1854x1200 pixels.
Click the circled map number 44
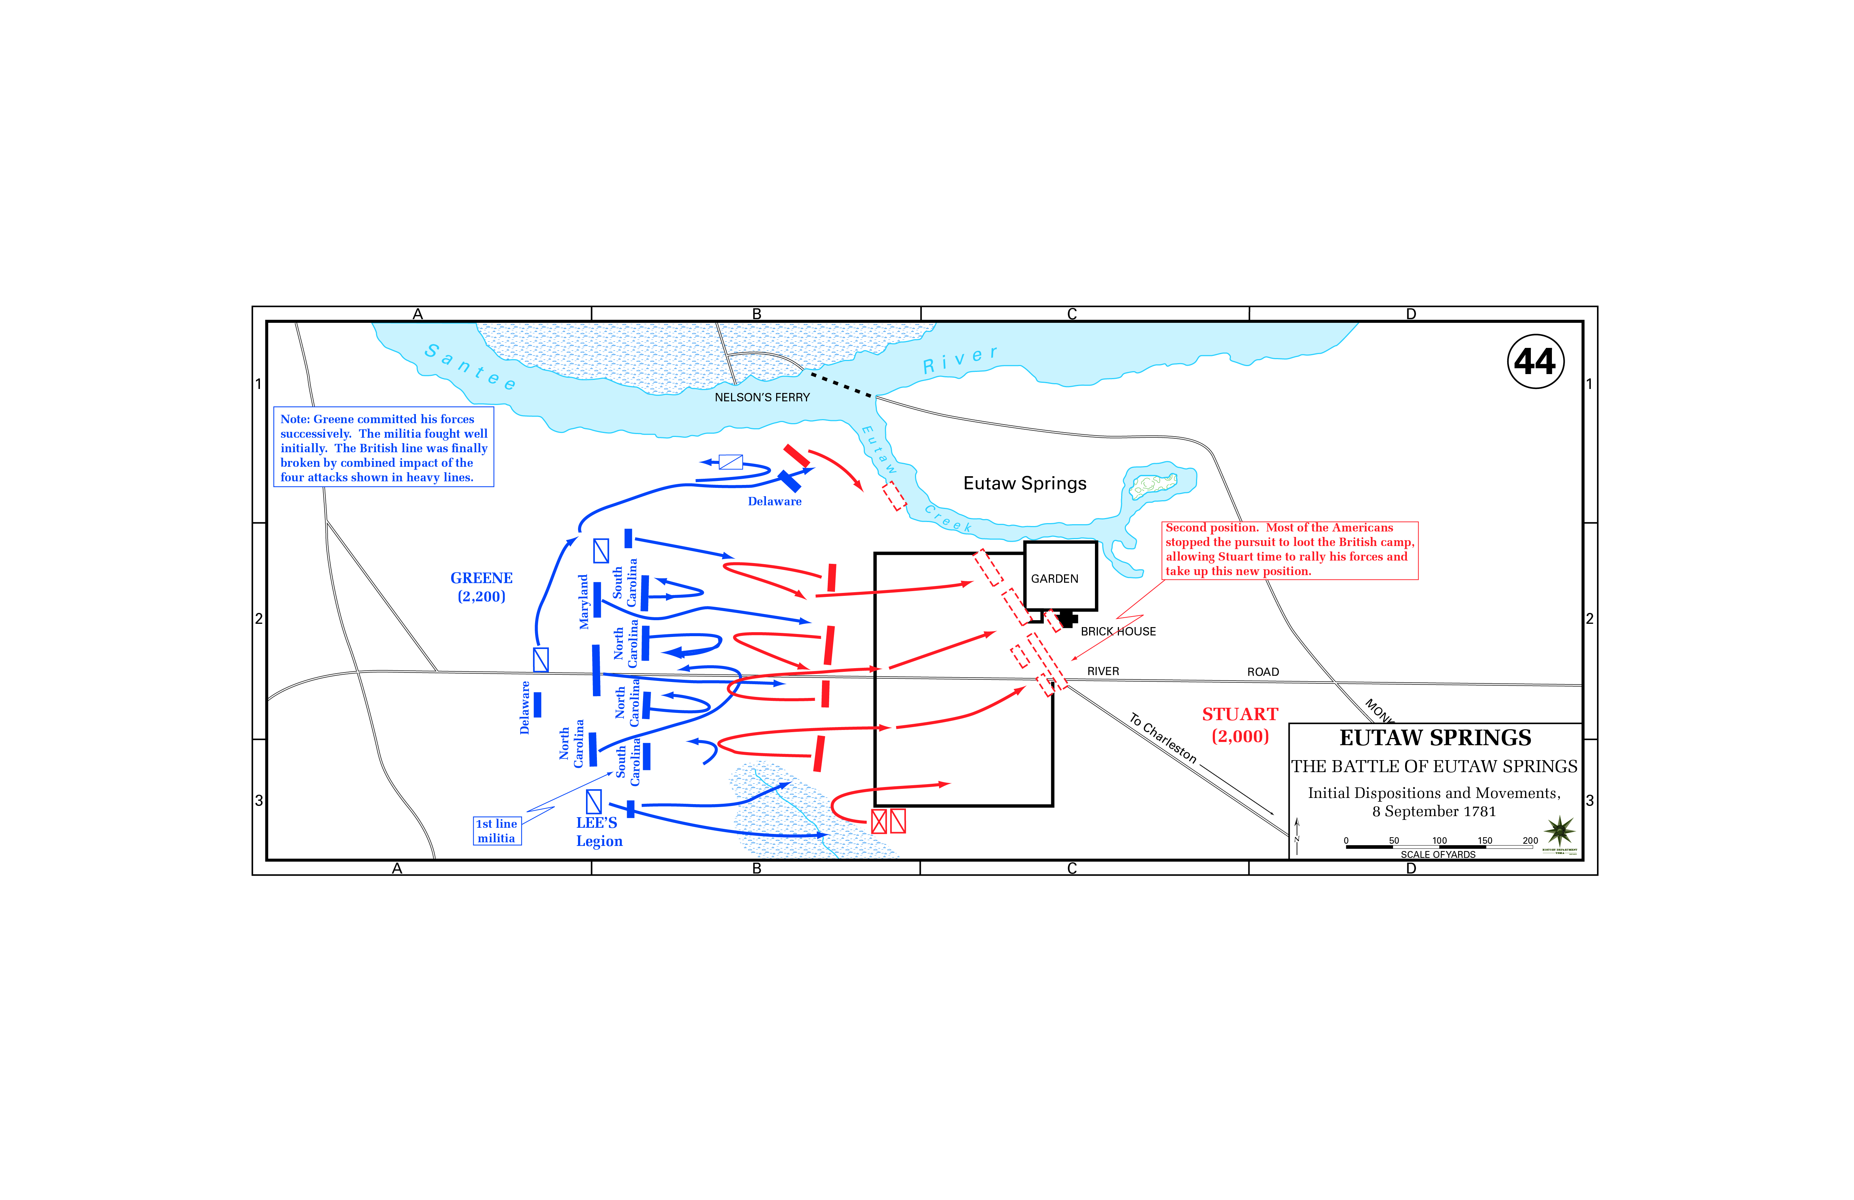1534,362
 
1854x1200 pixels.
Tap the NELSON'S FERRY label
762,397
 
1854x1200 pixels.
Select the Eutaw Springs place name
1024,483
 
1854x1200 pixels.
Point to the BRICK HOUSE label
1118,631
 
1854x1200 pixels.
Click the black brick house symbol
1067,619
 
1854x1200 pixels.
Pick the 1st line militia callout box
497,831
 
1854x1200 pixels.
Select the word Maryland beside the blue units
583,602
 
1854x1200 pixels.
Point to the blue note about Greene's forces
383,447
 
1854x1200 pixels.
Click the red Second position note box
1289,550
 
